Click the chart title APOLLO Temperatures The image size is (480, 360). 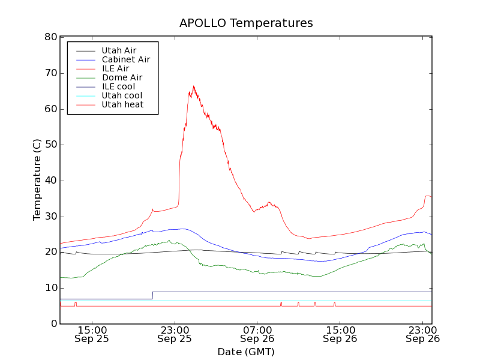246,23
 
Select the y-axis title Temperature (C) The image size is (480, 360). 37,180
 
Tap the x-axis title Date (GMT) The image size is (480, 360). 246,352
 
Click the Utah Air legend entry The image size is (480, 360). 119,50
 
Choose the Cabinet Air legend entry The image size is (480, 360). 126,59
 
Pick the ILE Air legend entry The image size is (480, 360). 115,68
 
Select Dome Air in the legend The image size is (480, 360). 122,77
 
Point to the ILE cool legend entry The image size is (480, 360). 118,86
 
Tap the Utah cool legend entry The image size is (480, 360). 122,95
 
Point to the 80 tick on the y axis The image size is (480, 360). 51,37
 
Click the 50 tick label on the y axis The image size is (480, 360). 51,145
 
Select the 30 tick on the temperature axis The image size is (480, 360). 51,217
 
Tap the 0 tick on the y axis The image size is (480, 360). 54,324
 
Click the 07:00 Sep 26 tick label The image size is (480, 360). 257,334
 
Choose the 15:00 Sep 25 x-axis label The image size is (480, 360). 92,334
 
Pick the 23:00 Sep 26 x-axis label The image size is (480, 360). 422,334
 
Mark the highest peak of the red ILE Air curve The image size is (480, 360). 193,86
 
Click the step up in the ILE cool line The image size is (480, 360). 153,295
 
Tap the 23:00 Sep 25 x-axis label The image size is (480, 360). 175,334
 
